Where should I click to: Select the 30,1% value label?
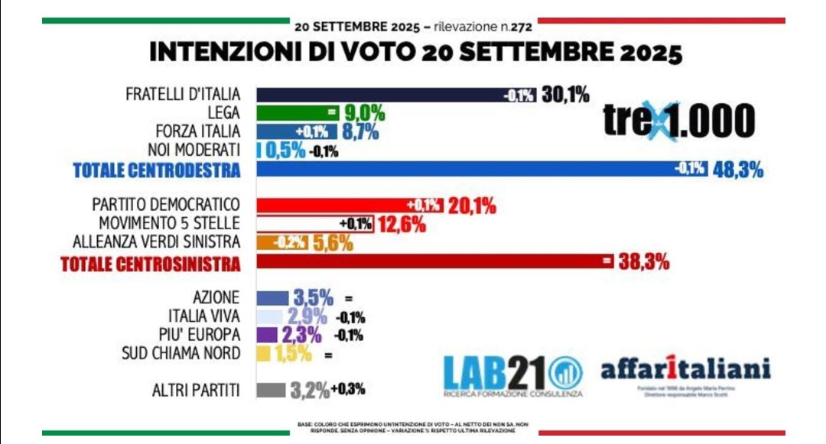pyautogui.click(x=565, y=95)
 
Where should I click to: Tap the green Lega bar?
pyautogui.click(x=294, y=113)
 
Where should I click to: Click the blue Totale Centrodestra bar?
pyautogui.click(x=459, y=170)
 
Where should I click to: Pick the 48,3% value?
pyautogui.click(x=737, y=170)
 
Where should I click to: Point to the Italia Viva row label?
pyautogui.click(x=203, y=316)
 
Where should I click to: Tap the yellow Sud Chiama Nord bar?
pyautogui.click(x=263, y=354)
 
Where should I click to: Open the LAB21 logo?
pyautogui.click(x=512, y=374)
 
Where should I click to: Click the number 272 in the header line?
pyautogui.click(x=522, y=26)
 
